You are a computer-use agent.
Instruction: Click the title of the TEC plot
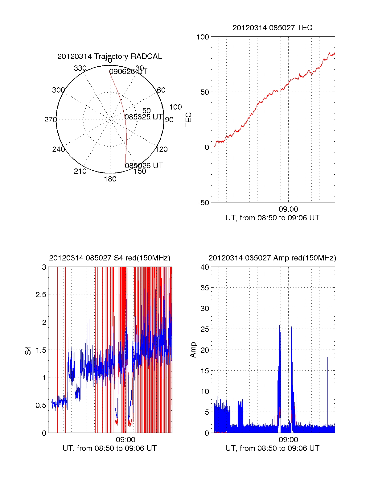tap(272, 28)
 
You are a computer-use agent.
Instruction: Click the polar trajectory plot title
tap(109, 56)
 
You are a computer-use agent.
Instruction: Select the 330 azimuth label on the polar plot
tap(80, 68)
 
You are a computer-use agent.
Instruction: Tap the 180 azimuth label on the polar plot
tap(110, 179)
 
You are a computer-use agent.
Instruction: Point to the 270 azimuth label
tap(50, 120)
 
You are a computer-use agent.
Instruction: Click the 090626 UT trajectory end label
tap(128, 72)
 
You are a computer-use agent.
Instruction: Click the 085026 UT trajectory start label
tap(144, 165)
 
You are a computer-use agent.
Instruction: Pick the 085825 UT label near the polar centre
tap(143, 117)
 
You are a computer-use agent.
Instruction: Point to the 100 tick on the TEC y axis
tap(203, 37)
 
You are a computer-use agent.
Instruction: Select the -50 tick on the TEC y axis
tap(203, 203)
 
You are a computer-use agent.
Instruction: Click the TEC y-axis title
tap(188, 120)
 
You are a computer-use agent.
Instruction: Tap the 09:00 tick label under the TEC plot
tap(288, 209)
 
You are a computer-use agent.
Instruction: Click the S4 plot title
tap(109, 258)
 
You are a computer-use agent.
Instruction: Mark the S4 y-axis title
tap(28, 351)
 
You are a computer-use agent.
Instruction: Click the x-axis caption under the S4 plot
tap(109, 448)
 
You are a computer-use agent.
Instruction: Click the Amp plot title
tap(272, 258)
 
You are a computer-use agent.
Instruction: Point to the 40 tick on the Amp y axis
tap(205, 267)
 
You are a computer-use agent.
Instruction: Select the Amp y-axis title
tap(193, 350)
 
